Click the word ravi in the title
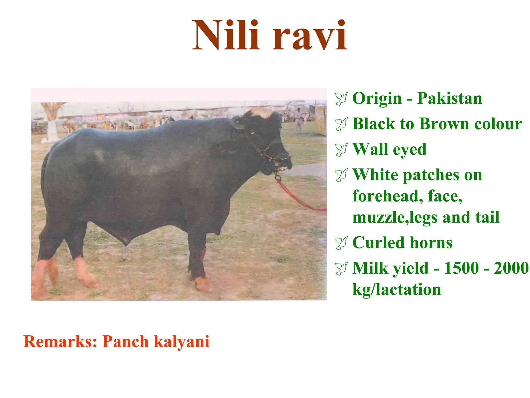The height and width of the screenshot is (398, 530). (310, 35)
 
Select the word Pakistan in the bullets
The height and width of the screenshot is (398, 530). (450, 98)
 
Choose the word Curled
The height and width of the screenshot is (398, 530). (378, 243)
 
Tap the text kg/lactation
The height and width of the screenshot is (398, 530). (396, 290)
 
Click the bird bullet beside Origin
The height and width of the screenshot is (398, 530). (341, 99)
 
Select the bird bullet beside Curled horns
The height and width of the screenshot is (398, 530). (341, 243)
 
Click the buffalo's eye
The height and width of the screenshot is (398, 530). (252, 133)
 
